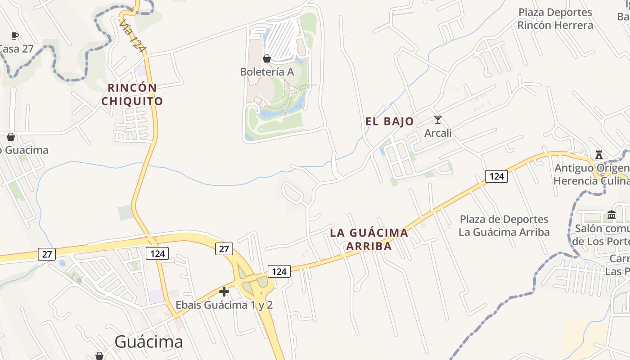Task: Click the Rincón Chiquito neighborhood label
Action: [x=132, y=94]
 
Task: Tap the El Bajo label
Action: [x=389, y=121]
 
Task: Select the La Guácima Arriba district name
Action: [x=369, y=239]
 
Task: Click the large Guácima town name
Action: [x=148, y=342]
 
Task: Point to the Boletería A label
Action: [x=267, y=72]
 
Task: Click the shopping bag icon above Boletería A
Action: [x=266, y=58]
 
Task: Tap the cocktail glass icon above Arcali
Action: [x=437, y=120]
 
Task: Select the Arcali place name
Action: [x=438, y=133]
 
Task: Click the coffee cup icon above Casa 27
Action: [x=14, y=36]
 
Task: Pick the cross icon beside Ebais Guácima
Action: [x=224, y=292]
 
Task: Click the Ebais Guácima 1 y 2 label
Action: [x=224, y=305]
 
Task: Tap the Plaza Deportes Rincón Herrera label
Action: [x=555, y=19]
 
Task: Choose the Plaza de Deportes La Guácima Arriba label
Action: [x=504, y=225]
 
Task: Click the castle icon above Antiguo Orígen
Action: [x=599, y=155]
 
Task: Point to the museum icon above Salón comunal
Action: [x=611, y=215]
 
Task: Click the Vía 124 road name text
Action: [x=134, y=36]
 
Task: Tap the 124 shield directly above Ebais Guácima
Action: [x=279, y=271]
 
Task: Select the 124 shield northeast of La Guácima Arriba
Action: [x=496, y=176]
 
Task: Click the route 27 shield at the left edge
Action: [x=47, y=254]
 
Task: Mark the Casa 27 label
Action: [x=16, y=49]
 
